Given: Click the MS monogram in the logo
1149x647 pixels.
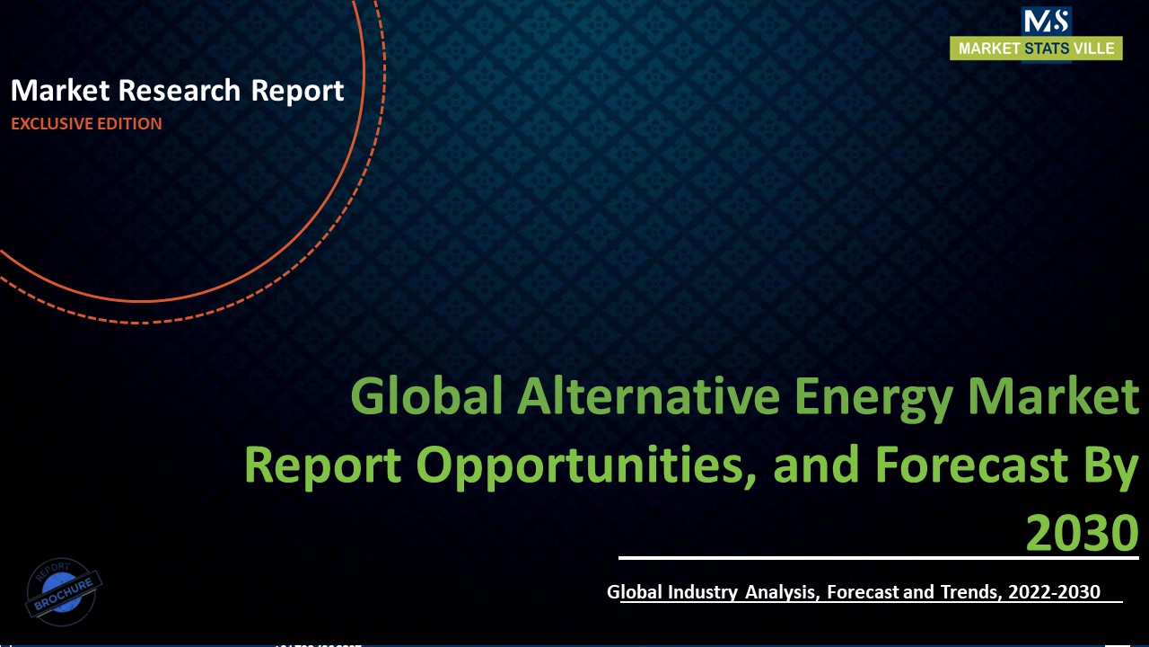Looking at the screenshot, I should pos(1046,21).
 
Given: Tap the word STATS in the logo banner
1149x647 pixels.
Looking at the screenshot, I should pos(1047,49).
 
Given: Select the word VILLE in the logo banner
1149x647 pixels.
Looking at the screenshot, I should pos(1094,49).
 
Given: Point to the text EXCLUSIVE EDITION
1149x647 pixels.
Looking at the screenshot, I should pos(86,124).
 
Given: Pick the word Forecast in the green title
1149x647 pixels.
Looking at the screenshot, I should pos(963,465).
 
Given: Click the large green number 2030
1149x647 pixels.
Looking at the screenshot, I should pos(1082,533).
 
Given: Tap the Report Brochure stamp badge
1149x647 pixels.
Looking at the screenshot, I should pos(64,591).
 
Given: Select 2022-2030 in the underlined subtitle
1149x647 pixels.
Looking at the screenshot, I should pos(1054,592).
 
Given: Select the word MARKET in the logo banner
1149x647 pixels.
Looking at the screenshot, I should pos(988,49).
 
